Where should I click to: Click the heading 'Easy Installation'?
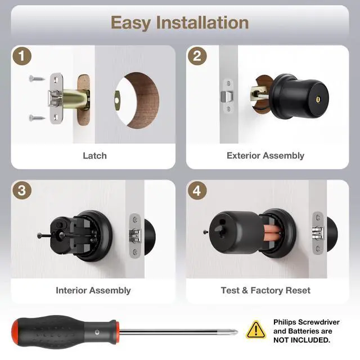(179, 22)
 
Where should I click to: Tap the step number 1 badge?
(21, 56)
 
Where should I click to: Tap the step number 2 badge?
(197, 56)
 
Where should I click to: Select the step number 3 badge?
(21, 190)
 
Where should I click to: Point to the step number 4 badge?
(197, 190)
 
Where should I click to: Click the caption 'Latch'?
(94, 155)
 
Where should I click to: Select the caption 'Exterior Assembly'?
(265, 155)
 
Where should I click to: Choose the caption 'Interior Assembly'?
(93, 290)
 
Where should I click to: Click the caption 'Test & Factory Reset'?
(265, 290)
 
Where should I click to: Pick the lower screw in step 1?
(35, 118)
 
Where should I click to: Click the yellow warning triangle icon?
(256, 329)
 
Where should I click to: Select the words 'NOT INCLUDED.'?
(302, 340)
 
